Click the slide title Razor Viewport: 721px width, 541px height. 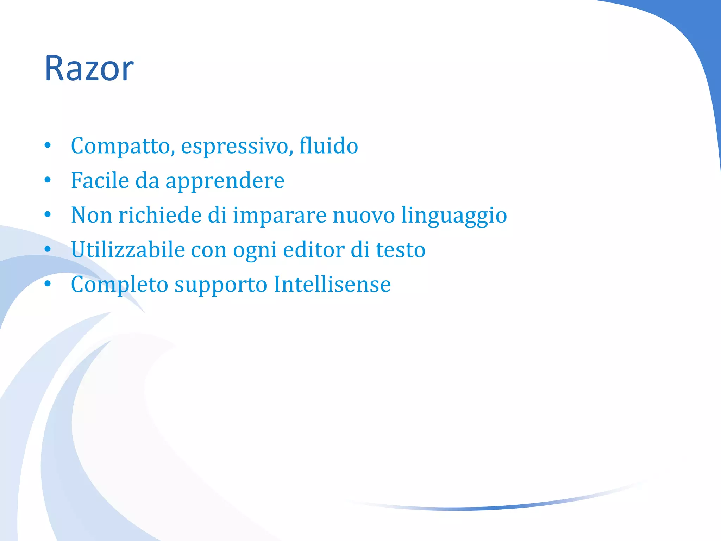[x=89, y=68]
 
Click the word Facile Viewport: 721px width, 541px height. [x=100, y=180]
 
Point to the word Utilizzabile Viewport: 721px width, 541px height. [x=128, y=249]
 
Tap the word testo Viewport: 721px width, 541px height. [x=401, y=250]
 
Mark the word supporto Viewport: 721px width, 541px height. [x=221, y=285]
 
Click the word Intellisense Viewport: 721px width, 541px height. [x=332, y=284]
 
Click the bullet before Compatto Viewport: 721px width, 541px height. [x=48, y=146]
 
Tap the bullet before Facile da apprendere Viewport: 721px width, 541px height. [x=48, y=180]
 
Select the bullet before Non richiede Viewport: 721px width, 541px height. [x=48, y=215]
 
